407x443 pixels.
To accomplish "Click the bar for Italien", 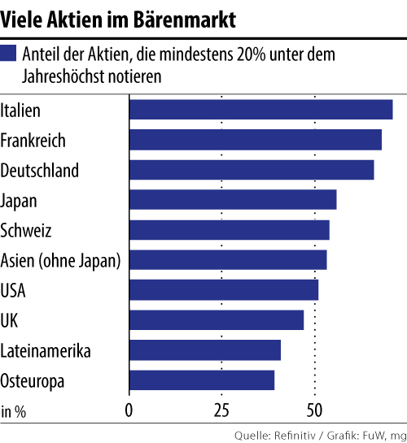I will click(260, 110).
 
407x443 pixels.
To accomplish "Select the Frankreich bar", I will click(255, 140).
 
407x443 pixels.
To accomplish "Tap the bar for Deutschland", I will click(252, 170).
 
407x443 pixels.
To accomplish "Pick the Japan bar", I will click(233, 200).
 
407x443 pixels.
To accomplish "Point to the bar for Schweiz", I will click(229, 230).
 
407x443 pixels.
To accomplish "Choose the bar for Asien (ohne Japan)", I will click(228, 260).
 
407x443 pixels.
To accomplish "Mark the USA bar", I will click(223, 290).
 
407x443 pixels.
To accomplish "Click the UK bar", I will click(217, 320).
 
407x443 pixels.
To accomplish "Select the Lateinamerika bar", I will click(205, 350).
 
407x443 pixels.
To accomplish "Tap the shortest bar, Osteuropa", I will click(202, 380).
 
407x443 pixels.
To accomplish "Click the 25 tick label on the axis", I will click(221, 410).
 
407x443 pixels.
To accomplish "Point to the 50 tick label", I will click(314, 410).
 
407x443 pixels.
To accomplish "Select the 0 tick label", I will click(129, 410).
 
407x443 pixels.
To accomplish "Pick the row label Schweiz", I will click(26, 231).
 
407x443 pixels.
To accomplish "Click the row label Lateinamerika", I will click(46, 351).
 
